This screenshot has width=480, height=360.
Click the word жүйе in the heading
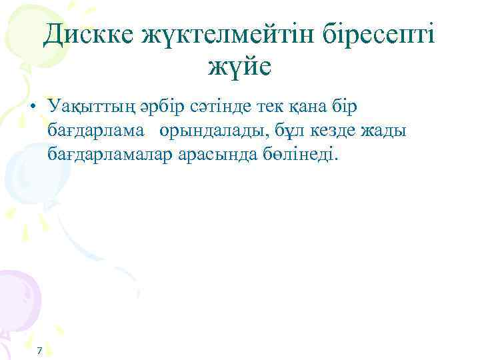click(239, 67)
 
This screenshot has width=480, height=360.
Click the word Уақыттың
click(90, 107)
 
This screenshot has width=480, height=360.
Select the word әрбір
click(163, 107)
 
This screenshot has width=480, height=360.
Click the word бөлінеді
click(303, 155)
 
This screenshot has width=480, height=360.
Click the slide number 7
click(39, 351)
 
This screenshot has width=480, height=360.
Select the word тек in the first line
click(281, 107)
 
